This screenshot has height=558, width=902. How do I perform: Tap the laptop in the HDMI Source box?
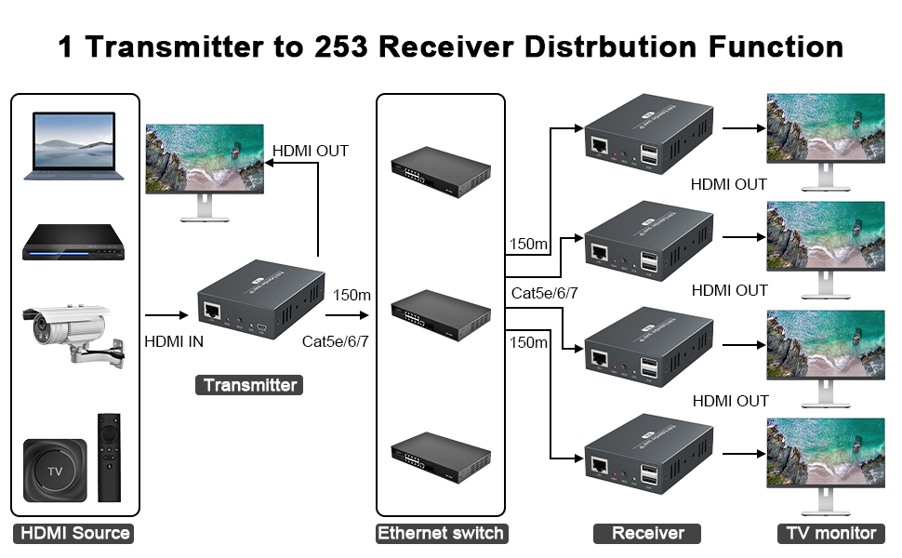[73, 144]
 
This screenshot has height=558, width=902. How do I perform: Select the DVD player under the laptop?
[74, 243]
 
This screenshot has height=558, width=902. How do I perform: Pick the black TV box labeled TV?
[55, 471]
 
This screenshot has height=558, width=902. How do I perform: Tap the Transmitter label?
[249, 385]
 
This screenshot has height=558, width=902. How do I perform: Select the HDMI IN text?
[174, 341]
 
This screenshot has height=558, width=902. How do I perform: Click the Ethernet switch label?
[440, 534]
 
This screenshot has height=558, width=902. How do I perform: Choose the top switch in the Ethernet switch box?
[440, 169]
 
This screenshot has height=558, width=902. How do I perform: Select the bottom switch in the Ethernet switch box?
[440, 454]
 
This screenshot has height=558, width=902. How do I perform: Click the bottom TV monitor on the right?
[824, 461]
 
